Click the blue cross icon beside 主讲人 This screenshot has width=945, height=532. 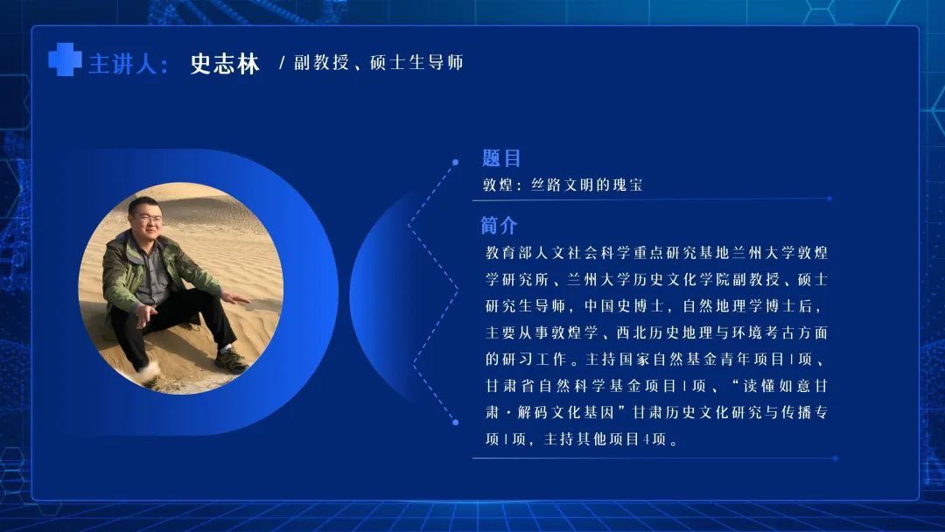65,59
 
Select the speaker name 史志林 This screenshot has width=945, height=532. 225,63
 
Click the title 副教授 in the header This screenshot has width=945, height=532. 321,62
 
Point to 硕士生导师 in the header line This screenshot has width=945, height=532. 416,62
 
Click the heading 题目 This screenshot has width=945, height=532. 501,158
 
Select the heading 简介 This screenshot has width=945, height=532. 499,226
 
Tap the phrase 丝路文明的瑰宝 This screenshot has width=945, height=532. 586,185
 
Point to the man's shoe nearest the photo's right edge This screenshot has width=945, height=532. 231,360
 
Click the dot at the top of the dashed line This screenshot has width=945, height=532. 456,162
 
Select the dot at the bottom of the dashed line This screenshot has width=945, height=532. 456,423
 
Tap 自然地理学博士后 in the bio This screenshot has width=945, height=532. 746,306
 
